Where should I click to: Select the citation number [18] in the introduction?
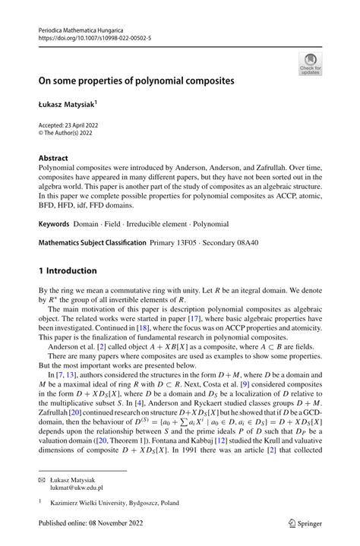click(x=142, y=331)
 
